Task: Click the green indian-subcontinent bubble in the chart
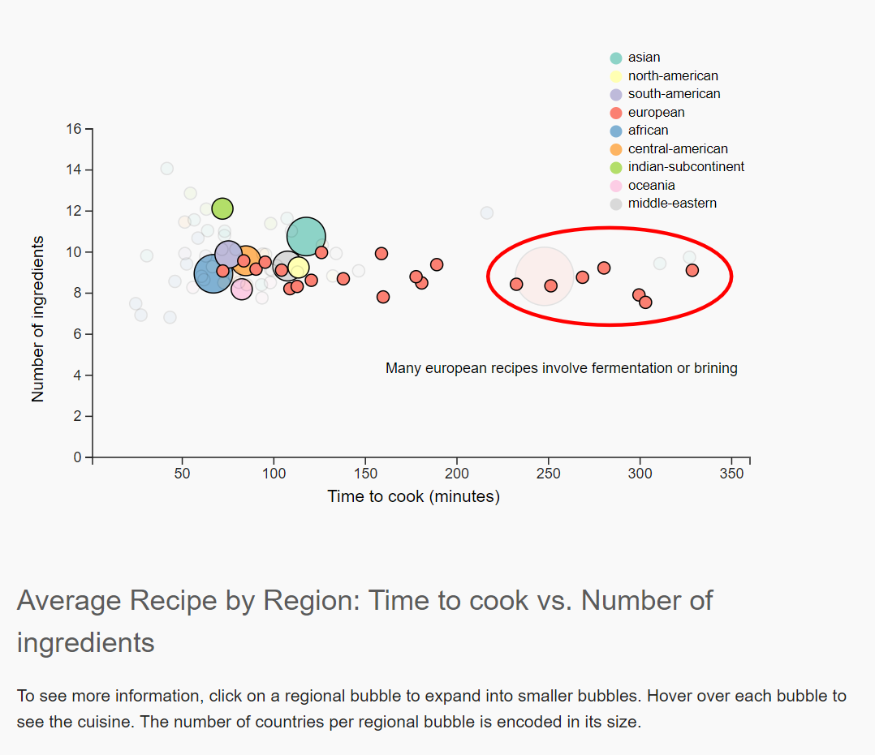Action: point(222,208)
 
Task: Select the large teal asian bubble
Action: point(306,238)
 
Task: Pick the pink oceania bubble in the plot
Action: point(241,288)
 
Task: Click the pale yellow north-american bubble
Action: point(298,268)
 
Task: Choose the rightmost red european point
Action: point(692,270)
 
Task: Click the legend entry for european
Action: point(656,113)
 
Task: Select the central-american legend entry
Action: point(677,149)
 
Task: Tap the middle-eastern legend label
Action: point(672,204)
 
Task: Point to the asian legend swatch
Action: point(616,58)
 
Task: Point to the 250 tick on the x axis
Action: point(549,473)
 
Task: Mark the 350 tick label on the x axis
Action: point(731,473)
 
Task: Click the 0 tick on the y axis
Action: point(77,457)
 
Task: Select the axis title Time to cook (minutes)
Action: point(413,496)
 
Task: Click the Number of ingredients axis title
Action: point(37,320)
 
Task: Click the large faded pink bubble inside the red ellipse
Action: point(545,277)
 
